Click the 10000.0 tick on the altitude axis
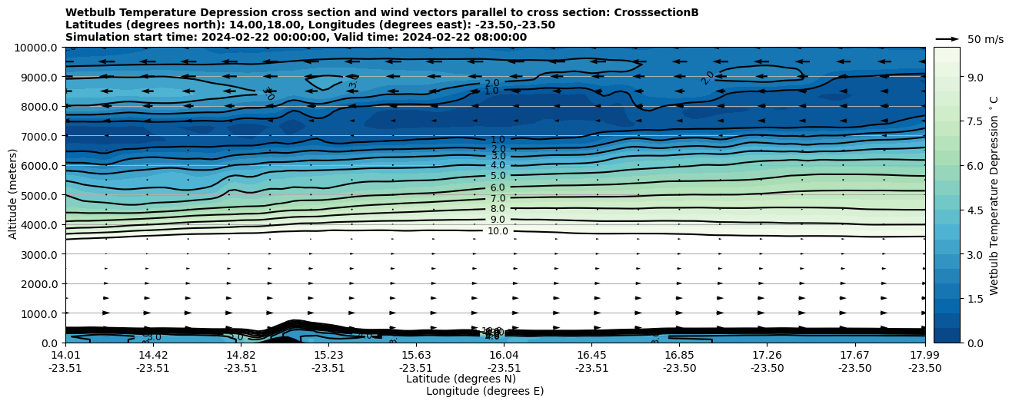(x=38, y=48)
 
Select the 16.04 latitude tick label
(x=504, y=355)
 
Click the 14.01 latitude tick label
(x=65, y=355)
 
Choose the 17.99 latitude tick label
(x=924, y=355)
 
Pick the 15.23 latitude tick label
(x=328, y=355)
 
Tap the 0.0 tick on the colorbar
(x=974, y=343)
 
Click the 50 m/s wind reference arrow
(x=947, y=38)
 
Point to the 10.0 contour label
(x=498, y=231)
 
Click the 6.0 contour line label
(x=498, y=187)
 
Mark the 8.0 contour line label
(x=498, y=209)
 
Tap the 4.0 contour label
(x=498, y=165)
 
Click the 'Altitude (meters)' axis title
(x=13, y=195)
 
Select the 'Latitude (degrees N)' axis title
(x=461, y=379)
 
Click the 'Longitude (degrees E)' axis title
(x=485, y=391)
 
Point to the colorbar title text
(x=994, y=195)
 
